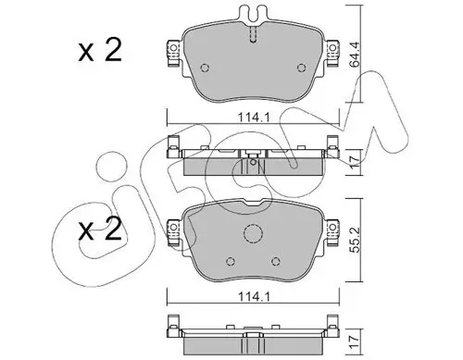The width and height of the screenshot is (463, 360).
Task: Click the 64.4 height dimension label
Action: click(x=356, y=54)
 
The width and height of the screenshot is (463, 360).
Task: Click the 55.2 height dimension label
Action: click(x=356, y=240)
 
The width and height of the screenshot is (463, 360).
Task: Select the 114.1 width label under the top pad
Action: click(x=254, y=118)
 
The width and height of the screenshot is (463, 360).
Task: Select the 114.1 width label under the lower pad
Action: click(x=254, y=297)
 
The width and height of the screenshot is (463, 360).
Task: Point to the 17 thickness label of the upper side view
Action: click(x=356, y=162)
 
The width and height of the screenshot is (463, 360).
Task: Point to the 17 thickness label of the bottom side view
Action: click(x=356, y=342)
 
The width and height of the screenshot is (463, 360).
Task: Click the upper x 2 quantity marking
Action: click(x=100, y=50)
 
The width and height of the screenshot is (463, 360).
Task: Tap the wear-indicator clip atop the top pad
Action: click(x=253, y=15)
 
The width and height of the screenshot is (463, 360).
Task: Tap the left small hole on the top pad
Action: click(x=205, y=68)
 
